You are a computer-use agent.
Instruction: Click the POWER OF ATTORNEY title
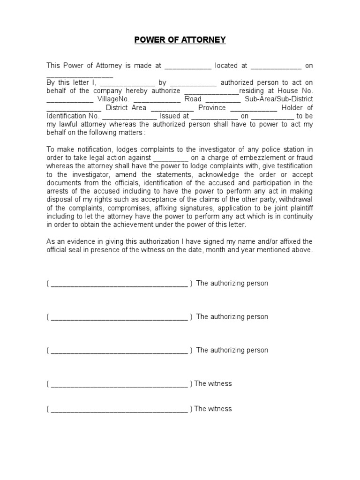click(180, 40)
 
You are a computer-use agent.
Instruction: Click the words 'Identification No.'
click(73, 116)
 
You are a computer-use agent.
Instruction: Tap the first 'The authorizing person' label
click(232, 283)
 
